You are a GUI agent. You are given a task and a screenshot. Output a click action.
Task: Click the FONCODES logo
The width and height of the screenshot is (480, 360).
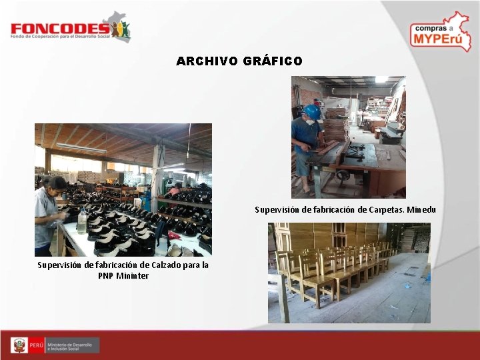(x=70, y=29)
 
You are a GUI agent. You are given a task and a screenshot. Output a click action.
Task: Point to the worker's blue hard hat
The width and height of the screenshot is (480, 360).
(x=311, y=111)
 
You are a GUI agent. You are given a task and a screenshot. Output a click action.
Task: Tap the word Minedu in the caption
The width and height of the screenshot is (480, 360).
(x=420, y=210)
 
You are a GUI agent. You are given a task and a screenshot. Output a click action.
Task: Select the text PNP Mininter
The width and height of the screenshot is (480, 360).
(x=123, y=275)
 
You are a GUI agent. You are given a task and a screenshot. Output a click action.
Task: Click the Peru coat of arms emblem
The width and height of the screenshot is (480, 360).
(x=20, y=345)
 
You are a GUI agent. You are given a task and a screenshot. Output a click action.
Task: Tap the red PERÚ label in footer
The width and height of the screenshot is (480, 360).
(x=37, y=345)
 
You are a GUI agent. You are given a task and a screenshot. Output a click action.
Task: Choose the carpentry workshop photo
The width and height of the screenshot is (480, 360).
(x=348, y=137)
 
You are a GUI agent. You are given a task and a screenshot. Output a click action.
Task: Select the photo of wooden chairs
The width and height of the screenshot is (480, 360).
(x=349, y=273)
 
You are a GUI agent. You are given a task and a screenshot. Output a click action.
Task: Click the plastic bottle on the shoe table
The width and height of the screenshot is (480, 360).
(x=81, y=221)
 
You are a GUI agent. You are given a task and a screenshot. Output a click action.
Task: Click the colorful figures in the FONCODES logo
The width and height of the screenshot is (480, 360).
(x=121, y=30)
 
